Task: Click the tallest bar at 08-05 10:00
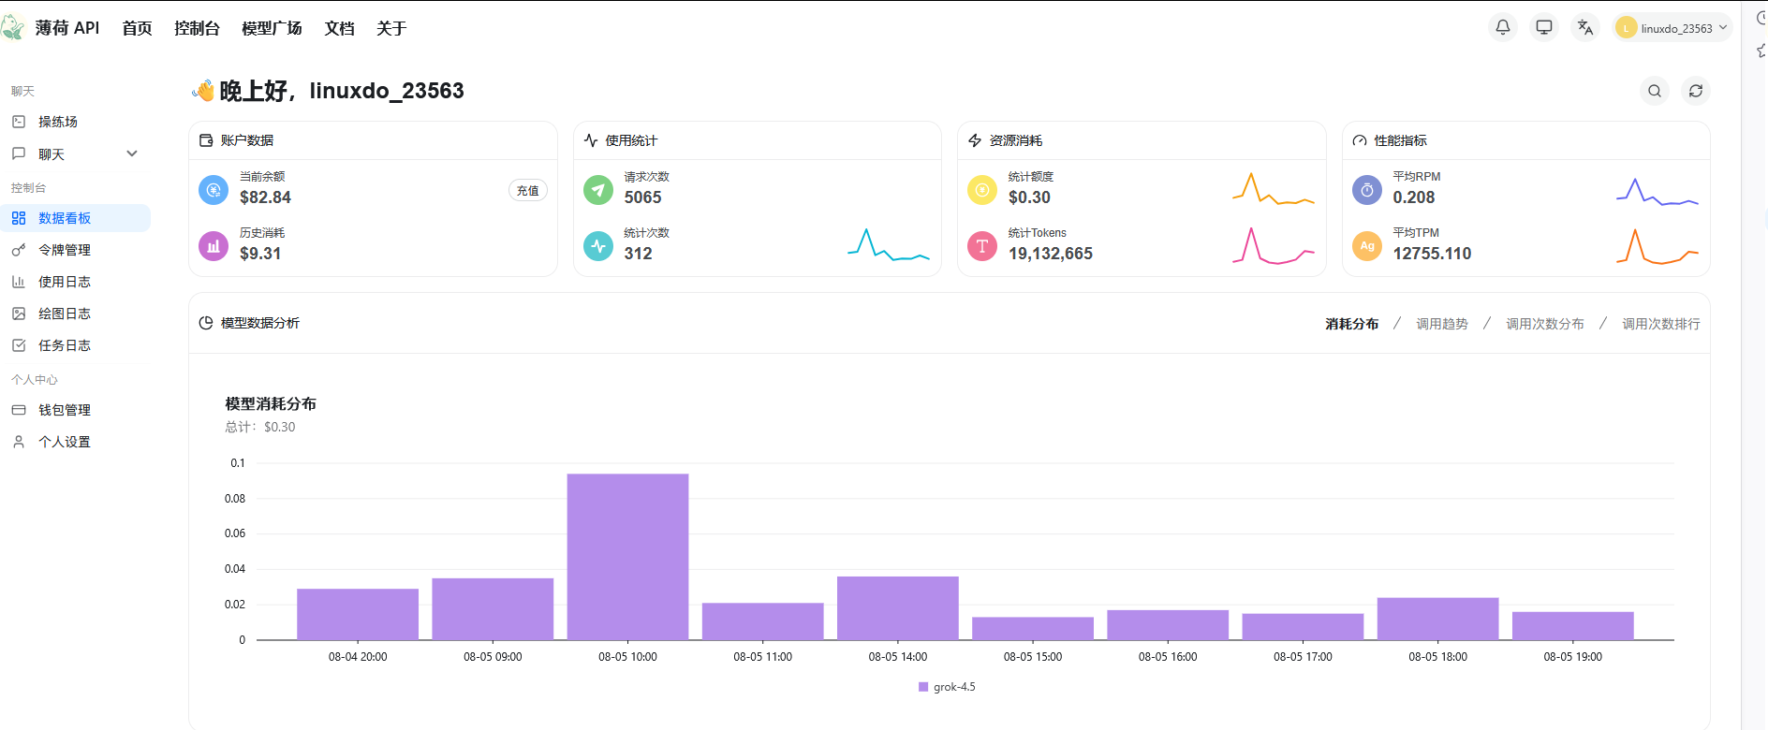[627, 557]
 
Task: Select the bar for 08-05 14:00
[898, 608]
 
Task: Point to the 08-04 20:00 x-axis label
[358, 657]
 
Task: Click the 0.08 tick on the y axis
[235, 499]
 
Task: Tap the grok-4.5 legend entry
[947, 687]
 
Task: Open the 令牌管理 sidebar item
[65, 250]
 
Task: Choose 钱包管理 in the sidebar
[65, 410]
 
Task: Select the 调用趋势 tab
[1442, 324]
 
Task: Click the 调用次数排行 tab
[1661, 324]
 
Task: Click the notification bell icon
[1503, 27]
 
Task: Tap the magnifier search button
[1655, 91]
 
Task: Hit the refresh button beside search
[1696, 91]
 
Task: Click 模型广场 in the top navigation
[272, 28]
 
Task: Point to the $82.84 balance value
[265, 197]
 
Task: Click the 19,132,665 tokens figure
[1051, 254]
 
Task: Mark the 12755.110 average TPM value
[1432, 254]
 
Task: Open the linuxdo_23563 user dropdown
[1672, 28]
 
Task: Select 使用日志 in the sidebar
[65, 282]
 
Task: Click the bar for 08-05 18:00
[1437, 619]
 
